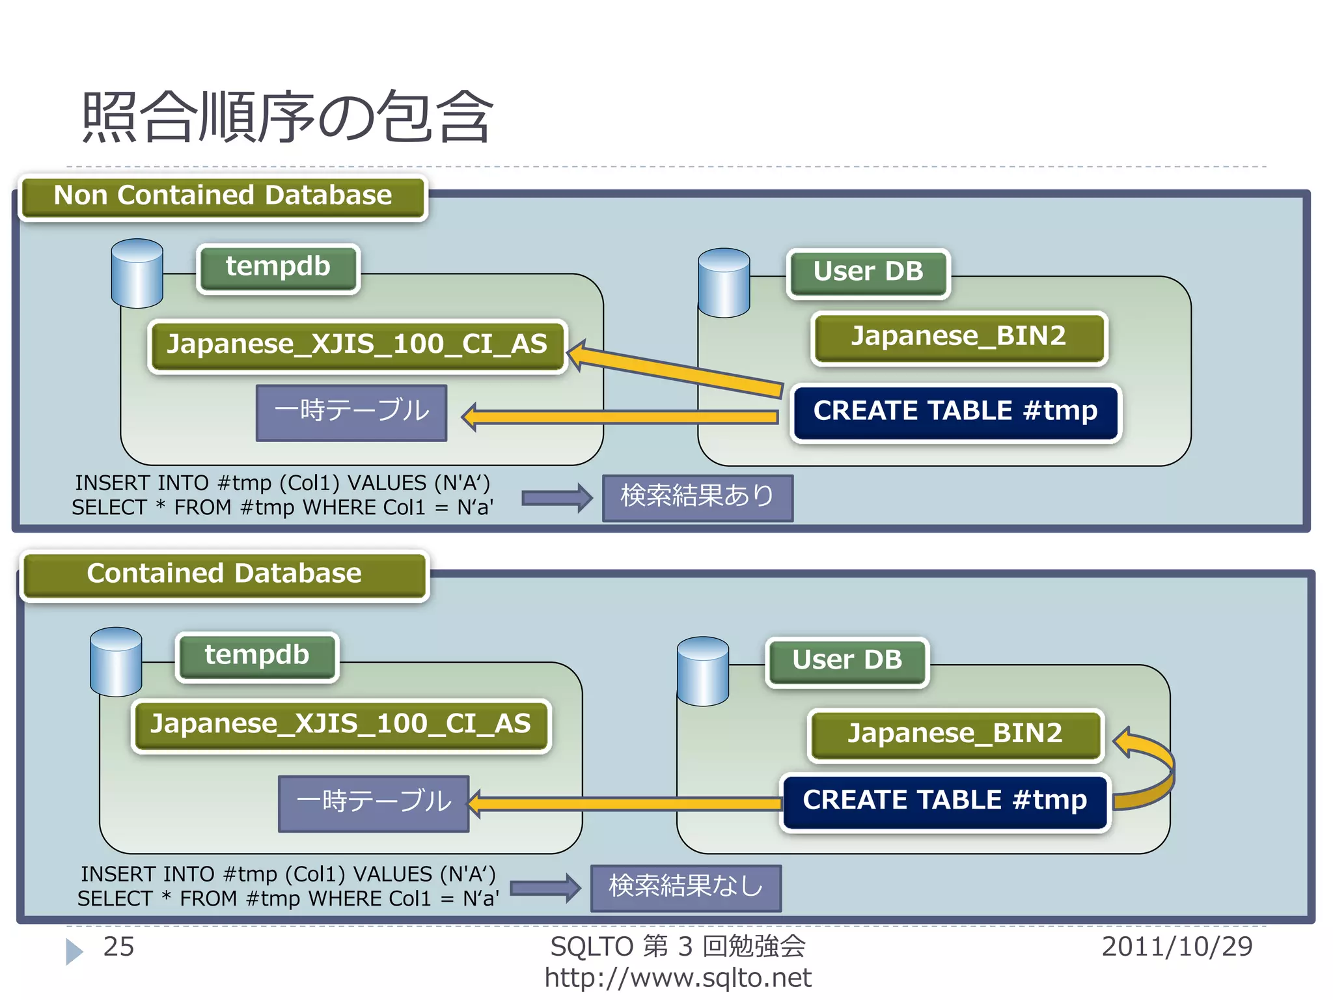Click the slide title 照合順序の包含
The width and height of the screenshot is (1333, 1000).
[x=286, y=117]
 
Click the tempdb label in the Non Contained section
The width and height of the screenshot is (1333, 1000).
[x=278, y=268]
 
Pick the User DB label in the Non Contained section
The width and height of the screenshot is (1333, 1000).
[x=868, y=272]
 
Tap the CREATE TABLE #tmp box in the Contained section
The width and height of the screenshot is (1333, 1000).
[x=945, y=801]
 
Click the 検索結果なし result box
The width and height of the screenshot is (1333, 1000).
[x=685, y=887]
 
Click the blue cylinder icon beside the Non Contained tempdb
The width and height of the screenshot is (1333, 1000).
[x=137, y=273]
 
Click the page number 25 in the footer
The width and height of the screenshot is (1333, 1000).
[x=118, y=947]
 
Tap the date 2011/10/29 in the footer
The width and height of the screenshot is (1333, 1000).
[x=1177, y=947]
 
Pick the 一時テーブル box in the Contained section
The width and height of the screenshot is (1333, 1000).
[x=374, y=803]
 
